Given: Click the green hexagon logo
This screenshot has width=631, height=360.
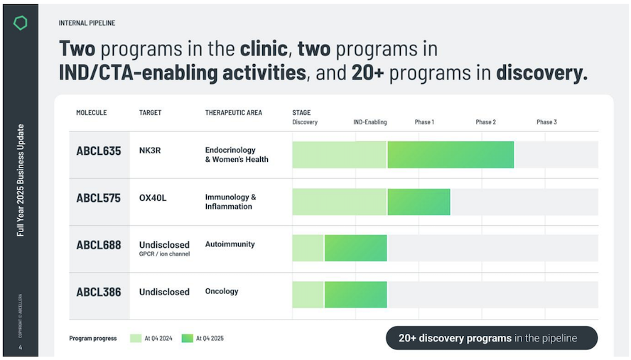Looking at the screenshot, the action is [x=20, y=23].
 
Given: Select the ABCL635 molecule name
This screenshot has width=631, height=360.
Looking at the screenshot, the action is [x=99, y=151].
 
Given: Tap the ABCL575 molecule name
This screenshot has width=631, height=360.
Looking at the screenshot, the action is [x=99, y=198].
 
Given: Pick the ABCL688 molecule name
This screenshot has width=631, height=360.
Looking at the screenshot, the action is [x=99, y=245].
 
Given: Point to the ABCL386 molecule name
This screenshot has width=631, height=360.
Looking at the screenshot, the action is [x=99, y=292].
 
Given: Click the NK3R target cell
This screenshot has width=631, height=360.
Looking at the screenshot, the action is [x=150, y=151].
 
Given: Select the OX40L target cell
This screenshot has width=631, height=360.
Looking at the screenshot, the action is [x=153, y=198].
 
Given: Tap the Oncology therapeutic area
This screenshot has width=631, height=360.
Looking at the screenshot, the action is [x=222, y=291].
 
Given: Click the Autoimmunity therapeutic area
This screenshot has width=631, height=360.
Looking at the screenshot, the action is [x=230, y=244].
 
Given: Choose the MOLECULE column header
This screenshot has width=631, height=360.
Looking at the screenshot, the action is [x=92, y=113].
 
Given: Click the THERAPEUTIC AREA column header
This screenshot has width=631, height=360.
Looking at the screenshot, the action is [x=233, y=113].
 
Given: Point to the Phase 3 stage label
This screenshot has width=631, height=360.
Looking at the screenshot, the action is [x=546, y=122].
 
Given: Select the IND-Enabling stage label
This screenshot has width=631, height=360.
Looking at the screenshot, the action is [x=370, y=122].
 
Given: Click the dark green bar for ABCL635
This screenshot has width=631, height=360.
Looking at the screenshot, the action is [x=451, y=155].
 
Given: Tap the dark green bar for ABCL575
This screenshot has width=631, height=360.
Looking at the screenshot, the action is [x=419, y=202].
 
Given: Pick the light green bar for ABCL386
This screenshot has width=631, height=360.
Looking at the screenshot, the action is [x=308, y=295].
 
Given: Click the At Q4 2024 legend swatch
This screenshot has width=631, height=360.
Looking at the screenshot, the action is [x=136, y=338].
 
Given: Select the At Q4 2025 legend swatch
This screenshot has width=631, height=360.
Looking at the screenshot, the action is [x=187, y=338].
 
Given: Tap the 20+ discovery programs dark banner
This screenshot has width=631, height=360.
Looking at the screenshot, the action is [x=491, y=338].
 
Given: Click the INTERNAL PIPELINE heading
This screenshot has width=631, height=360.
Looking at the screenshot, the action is [x=87, y=23].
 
